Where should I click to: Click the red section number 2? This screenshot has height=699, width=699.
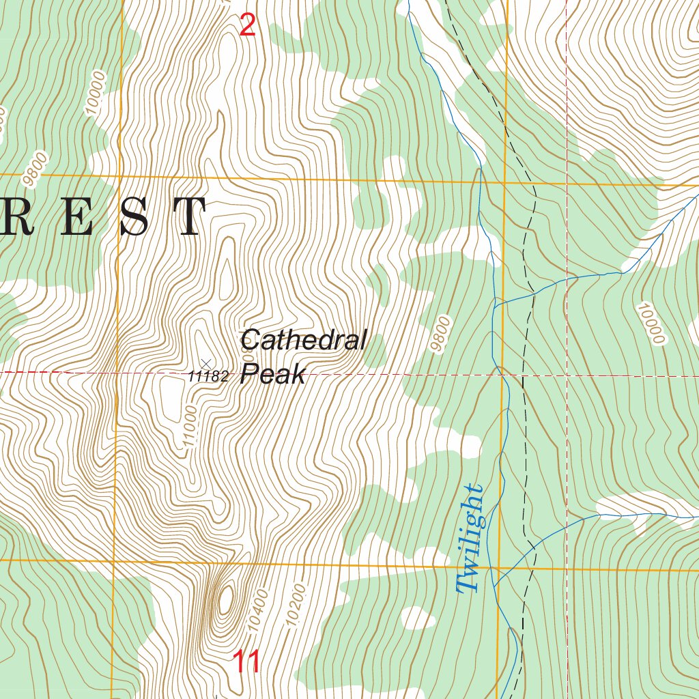click(248, 26)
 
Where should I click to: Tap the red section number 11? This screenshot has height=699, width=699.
click(246, 661)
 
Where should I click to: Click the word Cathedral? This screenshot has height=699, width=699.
click(304, 339)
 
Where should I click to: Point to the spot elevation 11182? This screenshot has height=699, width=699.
click(208, 376)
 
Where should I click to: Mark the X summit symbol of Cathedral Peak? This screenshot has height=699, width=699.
click(206, 362)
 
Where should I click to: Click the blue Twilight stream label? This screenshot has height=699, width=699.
click(470, 539)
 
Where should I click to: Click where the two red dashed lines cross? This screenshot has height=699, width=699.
click(567, 375)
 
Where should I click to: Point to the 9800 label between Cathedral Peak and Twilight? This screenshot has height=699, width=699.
click(442, 334)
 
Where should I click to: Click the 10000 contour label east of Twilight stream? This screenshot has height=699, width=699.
click(649, 324)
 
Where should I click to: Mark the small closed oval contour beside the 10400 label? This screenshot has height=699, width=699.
click(225, 599)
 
